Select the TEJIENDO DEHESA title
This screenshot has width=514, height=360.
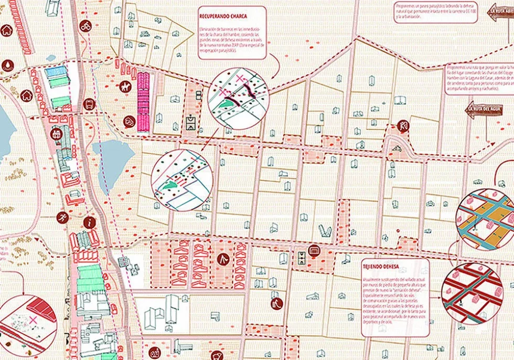click(380, 267)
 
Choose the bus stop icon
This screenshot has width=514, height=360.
click(89, 104)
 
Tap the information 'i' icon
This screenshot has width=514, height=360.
click(92, 222)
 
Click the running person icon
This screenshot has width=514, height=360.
click(62, 216)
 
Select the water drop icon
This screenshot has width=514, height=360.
click(8, 65)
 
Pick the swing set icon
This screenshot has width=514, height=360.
click(222, 258)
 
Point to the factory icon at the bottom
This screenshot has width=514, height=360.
click(154, 352)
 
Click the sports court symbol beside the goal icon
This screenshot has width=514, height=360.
click(302, 258)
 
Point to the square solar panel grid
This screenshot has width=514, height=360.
click(124, 262)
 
